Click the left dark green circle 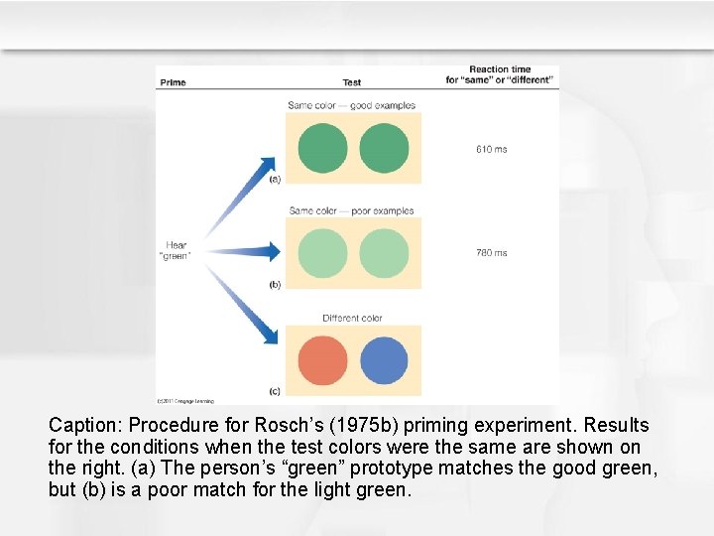point(322,148)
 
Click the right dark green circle point(384,148)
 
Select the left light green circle point(322,253)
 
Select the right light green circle point(384,253)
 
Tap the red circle point(322,360)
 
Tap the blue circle point(384,360)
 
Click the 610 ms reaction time point(491,149)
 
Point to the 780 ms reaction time point(491,253)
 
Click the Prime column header point(173,82)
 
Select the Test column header point(351,82)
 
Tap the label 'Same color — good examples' point(351,105)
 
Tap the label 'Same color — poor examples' point(351,210)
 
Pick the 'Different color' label point(352,318)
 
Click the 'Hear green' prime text point(176,250)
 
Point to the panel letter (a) point(275,179)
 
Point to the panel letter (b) point(275,285)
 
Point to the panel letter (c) point(275,391)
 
